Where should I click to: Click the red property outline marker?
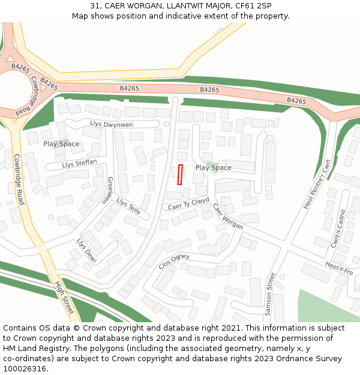click(x=180, y=175)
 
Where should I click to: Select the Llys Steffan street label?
click(x=79, y=163)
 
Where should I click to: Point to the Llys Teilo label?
click(x=128, y=206)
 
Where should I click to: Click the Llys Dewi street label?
click(x=86, y=250)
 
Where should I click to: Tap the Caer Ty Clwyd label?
click(x=188, y=204)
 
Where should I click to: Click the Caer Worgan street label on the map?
click(x=228, y=216)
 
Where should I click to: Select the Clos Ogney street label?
click(x=174, y=261)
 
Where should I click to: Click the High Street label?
click(x=64, y=298)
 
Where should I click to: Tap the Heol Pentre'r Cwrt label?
click(x=317, y=184)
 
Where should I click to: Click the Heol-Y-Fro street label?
click(x=339, y=268)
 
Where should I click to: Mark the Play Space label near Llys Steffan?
click(x=61, y=144)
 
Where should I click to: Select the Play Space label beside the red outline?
click(x=213, y=168)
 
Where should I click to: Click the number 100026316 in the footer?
click(x=26, y=368)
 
